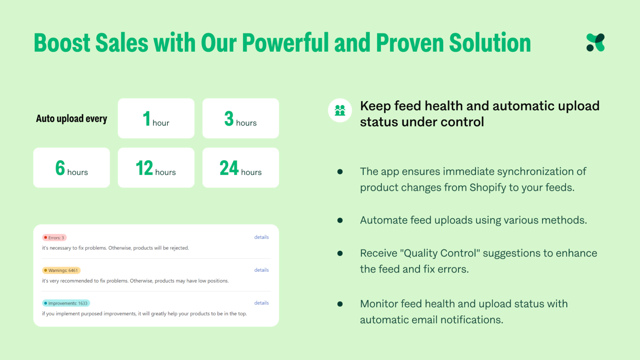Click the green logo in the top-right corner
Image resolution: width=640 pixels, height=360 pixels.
pyautogui.click(x=595, y=43)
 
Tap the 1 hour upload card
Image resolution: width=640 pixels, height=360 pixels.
pyautogui.click(x=156, y=118)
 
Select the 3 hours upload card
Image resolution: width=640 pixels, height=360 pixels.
pyautogui.click(x=240, y=118)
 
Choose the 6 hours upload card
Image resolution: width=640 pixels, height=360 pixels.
pyautogui.click(x=72, y=168)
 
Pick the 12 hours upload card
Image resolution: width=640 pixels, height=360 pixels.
pyautogui.click(x=156, y=168)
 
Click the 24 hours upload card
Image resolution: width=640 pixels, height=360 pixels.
pyautogui.click(x=240, y=168)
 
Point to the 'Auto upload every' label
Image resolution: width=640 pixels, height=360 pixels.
pyautogui.click(x=72, y=119)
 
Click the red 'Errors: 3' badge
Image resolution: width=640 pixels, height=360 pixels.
pyautogui.click(x=54, y=238)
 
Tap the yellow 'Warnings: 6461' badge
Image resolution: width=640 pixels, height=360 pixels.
pyautogui.click(x=61, y=270)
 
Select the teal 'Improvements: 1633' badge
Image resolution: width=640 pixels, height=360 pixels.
pyautogui.click(x=66, y=303)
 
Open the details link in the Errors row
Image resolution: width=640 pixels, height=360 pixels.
pyautogui.click(x=262, y=237)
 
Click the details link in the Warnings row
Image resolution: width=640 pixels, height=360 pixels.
pyautogui.click(x=262, y=270)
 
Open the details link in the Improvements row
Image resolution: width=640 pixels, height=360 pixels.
pyautogui.click(x=262, y=303)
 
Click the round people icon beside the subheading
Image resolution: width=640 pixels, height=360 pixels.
pyautogui.click(x=340, y=110)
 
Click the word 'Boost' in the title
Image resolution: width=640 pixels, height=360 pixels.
pyautogui.click(x=62, y=43)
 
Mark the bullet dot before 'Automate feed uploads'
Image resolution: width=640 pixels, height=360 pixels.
pyautogui.click(x=340, y=220)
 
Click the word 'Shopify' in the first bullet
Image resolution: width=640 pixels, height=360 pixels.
pyautogui.click(x=488, y=188)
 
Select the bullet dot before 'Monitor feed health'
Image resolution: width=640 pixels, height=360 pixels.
pyautogui.click(x=340, y=304)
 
